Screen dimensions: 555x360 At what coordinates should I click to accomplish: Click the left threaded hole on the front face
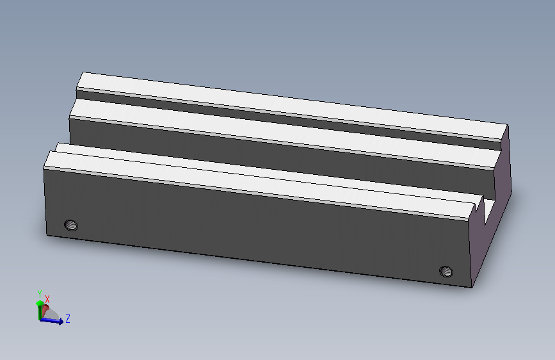(x=71, y=225)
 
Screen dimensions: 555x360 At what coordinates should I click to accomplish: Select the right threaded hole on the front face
(x=446, y=272)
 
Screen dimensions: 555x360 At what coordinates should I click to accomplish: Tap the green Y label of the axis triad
(x=40, y=294)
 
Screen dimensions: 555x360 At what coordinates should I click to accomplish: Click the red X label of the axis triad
(x=47, y=299)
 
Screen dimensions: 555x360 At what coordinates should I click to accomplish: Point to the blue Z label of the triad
(x=68, y=318)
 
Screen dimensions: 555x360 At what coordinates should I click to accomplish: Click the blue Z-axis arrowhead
(x=60, y=322)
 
